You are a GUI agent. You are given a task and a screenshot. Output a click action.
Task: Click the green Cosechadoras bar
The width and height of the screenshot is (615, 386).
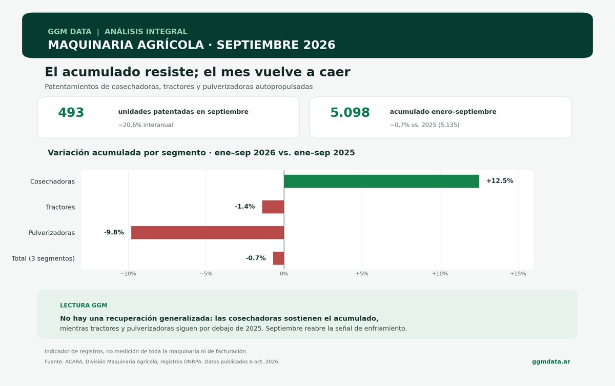click(x=381, y=181)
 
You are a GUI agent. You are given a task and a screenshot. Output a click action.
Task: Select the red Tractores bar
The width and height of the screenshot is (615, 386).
click(x=273, y=207)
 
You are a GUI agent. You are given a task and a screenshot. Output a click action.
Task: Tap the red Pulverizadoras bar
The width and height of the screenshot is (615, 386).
click(x=208, y=233)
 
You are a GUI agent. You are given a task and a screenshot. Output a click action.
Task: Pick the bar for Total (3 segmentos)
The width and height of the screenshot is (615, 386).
click(x=278, y=258)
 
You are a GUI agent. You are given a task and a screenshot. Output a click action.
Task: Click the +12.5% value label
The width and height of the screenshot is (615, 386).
click(x=500, y=180)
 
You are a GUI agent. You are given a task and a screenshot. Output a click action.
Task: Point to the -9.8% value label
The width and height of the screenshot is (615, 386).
click(x=114, y=232)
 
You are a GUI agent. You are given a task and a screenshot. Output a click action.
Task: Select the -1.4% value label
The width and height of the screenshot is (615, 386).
click(x=245, y=207)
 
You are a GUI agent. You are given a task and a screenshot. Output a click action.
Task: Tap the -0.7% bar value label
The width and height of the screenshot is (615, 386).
click(x=256, y=258)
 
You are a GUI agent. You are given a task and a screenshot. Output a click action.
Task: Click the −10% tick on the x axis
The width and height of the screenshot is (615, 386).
click(x=128, y=274)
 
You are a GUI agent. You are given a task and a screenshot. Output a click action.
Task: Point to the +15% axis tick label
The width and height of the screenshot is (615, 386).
click(x=518, y=274)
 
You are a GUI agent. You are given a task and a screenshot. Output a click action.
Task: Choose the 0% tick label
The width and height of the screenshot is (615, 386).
click(x=284, y=274)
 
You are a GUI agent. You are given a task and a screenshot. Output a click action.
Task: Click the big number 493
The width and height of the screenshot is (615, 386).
click(x=71, y=113)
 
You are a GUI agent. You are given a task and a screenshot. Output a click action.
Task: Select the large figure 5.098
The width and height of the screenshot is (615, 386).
click(x=350, y=113)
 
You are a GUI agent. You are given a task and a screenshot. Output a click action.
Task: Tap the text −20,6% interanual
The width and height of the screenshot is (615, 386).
click(x=146, y=125)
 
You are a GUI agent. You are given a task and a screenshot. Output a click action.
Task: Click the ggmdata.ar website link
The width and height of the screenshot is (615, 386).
click(x=551, y=361)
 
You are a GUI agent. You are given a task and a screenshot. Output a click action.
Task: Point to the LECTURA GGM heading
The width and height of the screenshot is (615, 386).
click(x=84, y=306)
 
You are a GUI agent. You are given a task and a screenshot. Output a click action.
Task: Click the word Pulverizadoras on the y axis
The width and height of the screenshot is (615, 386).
click(x=51, y=233)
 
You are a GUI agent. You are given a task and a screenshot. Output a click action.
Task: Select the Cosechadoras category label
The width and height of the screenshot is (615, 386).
click(x=52, y=181)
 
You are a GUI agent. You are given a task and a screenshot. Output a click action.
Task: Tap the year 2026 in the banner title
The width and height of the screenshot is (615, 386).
click(x=319, y=45)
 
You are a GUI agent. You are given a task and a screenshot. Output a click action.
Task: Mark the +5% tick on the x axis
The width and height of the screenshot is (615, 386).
click(x=362, y=274)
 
